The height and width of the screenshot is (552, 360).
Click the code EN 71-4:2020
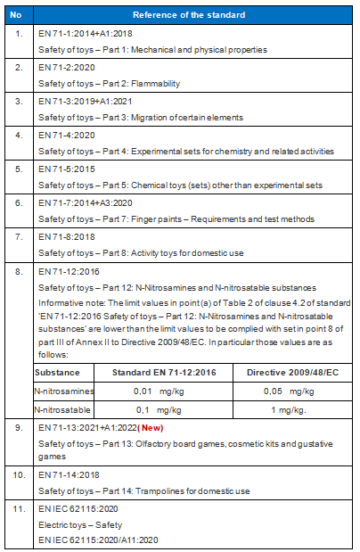pyautogui.click(x=64, y=135)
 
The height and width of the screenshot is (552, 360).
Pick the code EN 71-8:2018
pyautogui.click(x=64, y=236)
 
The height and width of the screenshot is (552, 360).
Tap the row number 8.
pyautogui.click(x=19, y=270)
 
